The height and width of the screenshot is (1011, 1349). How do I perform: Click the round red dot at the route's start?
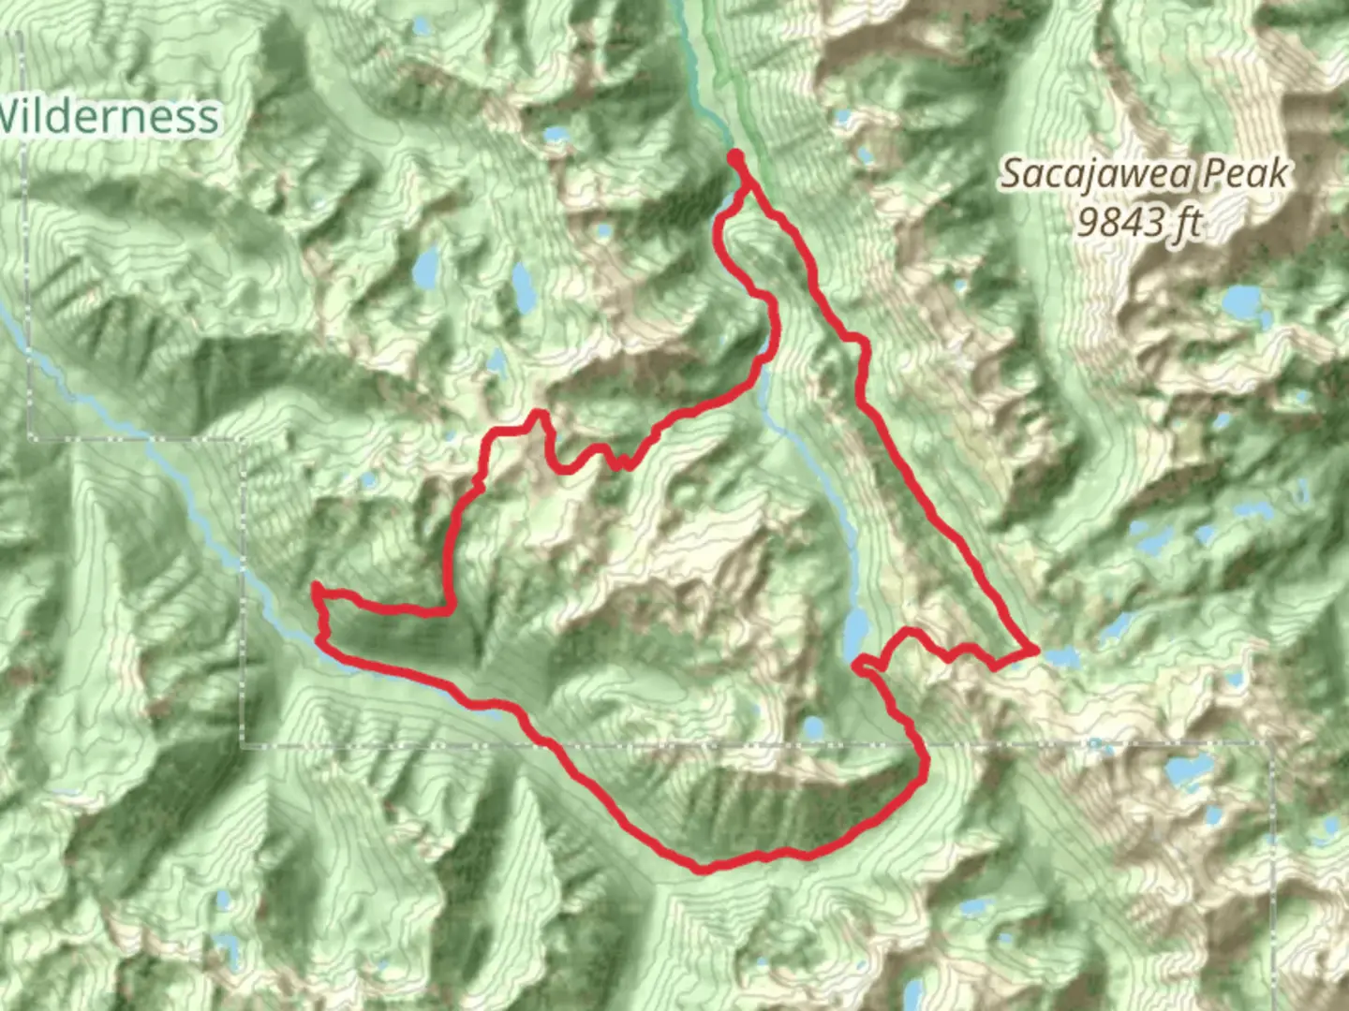tap(736, 156)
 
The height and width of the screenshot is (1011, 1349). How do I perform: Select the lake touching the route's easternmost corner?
tap(1061, 657)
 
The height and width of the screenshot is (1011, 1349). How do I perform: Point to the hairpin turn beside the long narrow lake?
tap(858, 665)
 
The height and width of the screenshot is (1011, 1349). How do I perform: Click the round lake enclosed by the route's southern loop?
tap(812, 726)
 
